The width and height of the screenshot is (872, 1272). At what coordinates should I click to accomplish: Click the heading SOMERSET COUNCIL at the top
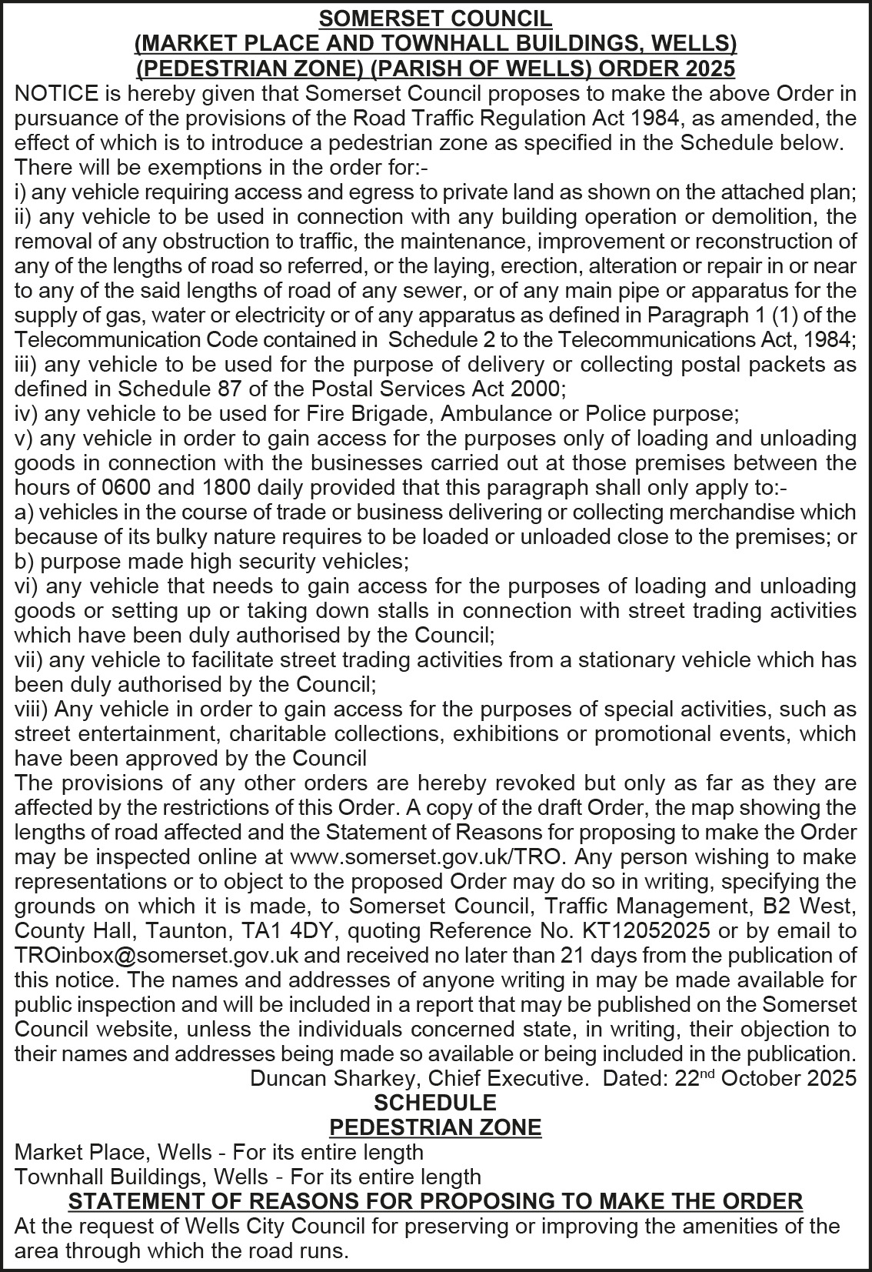435,18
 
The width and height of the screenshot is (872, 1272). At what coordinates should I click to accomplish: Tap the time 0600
127,488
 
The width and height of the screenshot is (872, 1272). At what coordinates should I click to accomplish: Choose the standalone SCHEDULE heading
435,1103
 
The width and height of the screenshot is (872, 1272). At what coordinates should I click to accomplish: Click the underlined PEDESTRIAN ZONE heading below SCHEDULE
435,1127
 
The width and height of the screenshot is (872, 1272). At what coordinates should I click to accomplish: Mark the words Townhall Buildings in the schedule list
109,1177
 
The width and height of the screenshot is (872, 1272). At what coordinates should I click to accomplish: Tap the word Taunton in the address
180,931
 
